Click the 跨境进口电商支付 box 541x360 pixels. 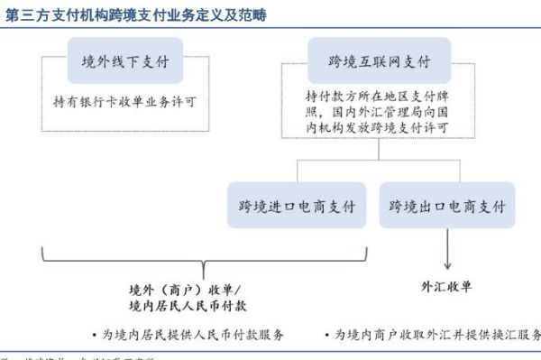[298, 206]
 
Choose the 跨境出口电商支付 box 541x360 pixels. [447, 206]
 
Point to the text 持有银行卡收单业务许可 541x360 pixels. [124, 104]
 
